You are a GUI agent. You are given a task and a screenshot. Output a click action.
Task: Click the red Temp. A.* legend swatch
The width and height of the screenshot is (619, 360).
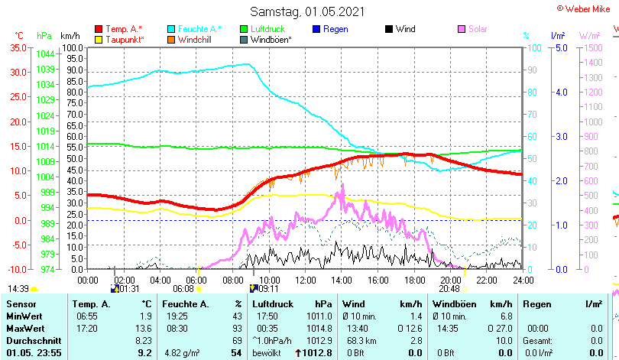tap(99, 29)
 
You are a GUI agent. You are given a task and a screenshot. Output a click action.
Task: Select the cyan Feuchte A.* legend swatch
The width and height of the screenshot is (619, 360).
tap(171, 29)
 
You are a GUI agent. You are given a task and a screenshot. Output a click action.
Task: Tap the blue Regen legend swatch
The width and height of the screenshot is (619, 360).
tap(317, 29)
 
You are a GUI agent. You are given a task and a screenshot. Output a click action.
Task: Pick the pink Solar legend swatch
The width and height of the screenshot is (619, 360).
tap(462, 29)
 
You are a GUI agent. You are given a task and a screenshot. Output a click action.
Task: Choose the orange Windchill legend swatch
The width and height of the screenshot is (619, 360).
tap(171, 39)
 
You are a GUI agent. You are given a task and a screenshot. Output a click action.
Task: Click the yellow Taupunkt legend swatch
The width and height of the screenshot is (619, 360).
tap(99, 39)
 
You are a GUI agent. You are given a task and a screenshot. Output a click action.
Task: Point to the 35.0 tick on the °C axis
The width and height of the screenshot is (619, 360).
tap(18, 47)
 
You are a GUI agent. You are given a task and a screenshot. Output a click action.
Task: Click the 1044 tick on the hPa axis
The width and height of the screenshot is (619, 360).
tap(45, 54)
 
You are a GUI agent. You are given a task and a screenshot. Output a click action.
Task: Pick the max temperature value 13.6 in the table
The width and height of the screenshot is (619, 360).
tap(144, 328)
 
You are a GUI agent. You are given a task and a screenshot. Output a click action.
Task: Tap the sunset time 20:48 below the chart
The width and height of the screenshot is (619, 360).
tap(449, 289)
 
